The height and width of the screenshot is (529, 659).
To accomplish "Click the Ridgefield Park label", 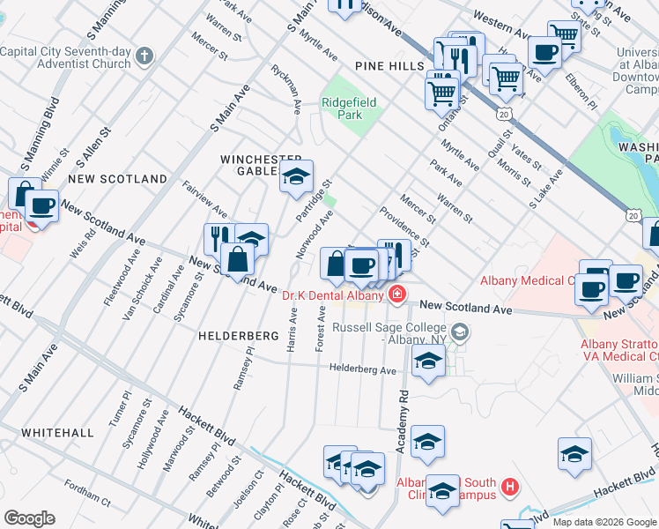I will point(349,108).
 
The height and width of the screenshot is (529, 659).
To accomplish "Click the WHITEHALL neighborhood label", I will point(57,433).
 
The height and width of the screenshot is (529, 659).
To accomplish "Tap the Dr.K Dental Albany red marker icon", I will point(398,294).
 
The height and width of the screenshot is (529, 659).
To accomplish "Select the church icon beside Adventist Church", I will point(145,56).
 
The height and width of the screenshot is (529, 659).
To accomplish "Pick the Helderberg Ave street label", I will point(363,369).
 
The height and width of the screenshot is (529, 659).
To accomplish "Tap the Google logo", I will point(29,518).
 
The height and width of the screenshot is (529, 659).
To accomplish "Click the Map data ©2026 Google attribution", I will point(603,522).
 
